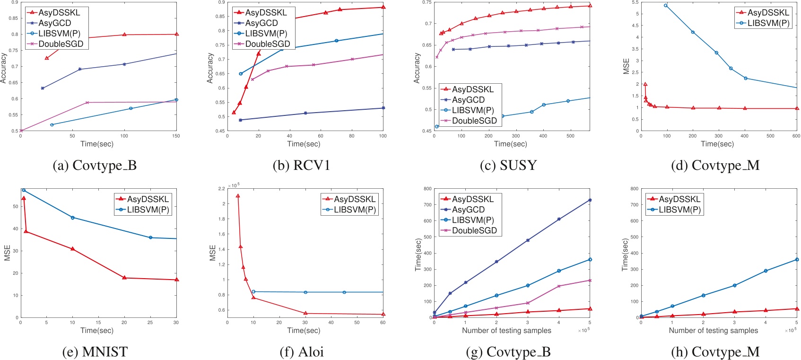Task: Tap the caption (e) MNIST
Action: (95, 352)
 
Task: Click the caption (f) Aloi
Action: (302, 352)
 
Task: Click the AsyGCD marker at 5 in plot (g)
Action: (590, 200)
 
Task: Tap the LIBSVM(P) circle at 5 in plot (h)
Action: (797, 259)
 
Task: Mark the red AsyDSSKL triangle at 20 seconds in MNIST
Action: (124, 278)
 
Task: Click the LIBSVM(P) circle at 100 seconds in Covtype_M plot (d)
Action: (666, 5)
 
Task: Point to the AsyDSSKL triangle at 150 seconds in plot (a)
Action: (176, 34)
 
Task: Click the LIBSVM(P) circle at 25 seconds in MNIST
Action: (150, 237)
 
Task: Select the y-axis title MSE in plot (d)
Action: (626, 66)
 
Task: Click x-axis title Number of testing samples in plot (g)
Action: (506, 330)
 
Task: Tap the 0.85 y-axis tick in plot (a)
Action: (14, 18)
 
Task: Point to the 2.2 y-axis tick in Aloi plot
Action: (221, 189)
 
